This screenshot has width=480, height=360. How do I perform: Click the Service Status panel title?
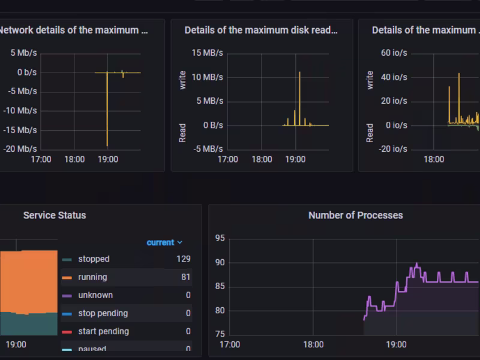(x=55, y=215)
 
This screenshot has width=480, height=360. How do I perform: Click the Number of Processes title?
(x=355, y=215)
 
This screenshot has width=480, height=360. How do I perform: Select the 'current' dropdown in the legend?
(x=164, y=242)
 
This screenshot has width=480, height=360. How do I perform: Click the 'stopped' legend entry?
(x=94, y=259)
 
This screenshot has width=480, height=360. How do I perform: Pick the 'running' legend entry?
(x=92, y=277)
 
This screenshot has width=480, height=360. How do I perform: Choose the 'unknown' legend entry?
(x=95, y=295)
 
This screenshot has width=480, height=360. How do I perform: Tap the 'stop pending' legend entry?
(x=103, y=313)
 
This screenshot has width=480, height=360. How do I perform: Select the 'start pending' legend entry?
(x=103, y=331)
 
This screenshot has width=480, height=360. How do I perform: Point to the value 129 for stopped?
(x=184, y=259)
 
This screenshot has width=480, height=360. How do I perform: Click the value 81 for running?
(x=185, y=277)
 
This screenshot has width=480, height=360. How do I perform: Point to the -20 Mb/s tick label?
(x=19, y=149)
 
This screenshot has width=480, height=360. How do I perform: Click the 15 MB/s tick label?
(x=208, y=53)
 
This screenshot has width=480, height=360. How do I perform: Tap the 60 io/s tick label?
(x=394, y=53)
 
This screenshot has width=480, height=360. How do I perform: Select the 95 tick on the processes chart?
(x=220, y=238)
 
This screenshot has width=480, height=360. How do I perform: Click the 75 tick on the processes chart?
(x=220, y=334)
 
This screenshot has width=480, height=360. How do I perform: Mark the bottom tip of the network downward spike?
(x=107, y=146)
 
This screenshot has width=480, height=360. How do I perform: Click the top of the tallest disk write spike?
(x=299, y=72)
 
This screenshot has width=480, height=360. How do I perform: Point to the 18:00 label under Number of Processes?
(x=313, y=344)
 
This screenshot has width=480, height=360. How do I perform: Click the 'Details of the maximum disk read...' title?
(x=261, y=30)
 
